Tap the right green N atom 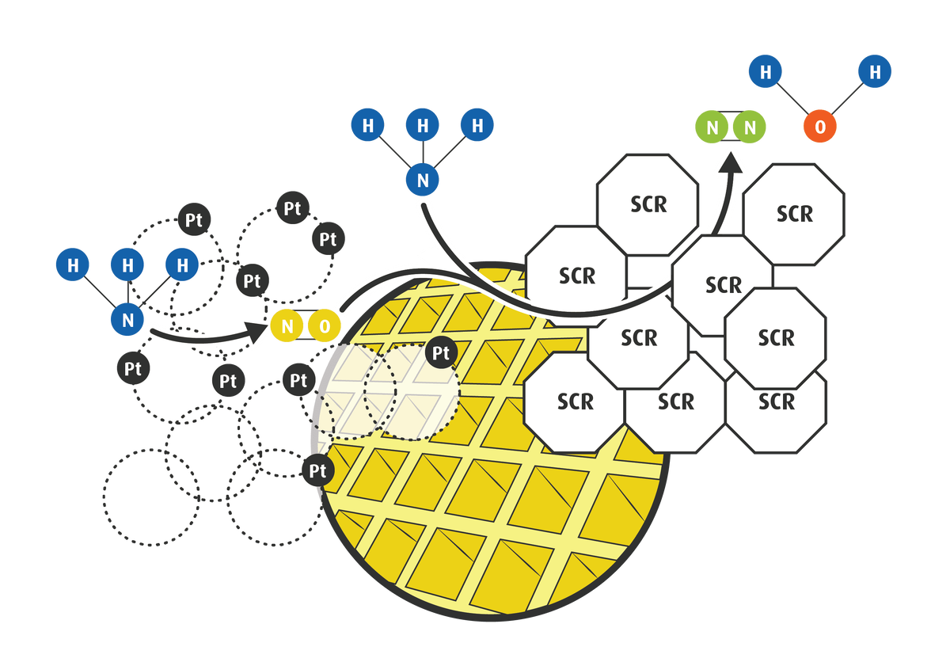pos(749,127)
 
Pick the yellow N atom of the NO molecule pos(287,325)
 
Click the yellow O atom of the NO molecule pos(324,325)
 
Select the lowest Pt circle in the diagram pos(317,471)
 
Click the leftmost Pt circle pos(132,368)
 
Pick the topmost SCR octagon pos(648,204)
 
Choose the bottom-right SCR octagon pos(776,402)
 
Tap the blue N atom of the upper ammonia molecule pos(424,180)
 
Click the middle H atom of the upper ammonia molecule pos(424,125)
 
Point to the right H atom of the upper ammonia pos(477,125)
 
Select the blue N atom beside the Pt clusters pos(127,320)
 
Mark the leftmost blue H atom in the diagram pos(74,265)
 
